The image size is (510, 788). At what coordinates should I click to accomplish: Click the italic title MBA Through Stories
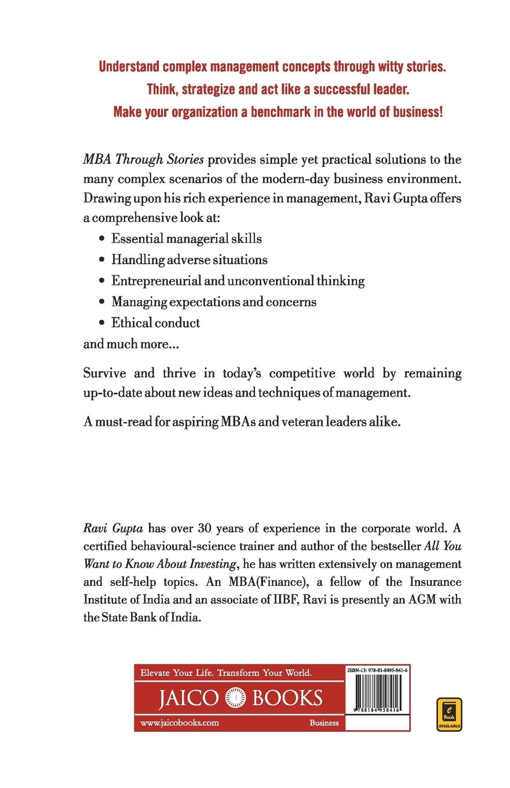[144, 159]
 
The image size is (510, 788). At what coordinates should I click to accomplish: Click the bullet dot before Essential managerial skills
[102, 239]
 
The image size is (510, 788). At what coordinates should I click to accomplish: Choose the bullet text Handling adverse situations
[189, 260]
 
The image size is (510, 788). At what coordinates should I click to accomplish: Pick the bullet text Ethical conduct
[155, 323]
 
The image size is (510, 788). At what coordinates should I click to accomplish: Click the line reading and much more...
[131, 344]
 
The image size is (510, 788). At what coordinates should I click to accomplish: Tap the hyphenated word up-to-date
[115, 392]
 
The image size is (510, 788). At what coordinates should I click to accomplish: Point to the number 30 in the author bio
[206, 528]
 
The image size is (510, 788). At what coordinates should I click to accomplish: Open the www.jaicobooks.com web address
[180, 723]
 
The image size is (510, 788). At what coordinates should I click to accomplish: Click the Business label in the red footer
[324, 723]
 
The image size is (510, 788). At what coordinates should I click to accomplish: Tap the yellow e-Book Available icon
[449, 714]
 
